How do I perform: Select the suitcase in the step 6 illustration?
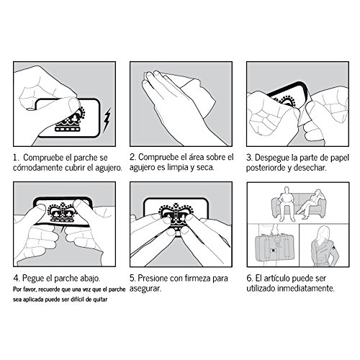276,247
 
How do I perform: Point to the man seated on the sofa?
287,204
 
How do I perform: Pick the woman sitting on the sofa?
310,204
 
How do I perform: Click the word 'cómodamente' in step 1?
38,168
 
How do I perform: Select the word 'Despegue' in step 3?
272,158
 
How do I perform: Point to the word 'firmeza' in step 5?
198,278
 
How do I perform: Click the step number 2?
132,157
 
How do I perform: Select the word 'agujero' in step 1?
109,168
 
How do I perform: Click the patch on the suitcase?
273,251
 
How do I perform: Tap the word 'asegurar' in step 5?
145,288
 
